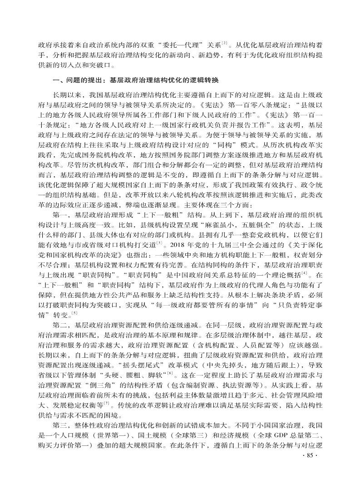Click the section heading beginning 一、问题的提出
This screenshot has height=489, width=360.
pos(136,81)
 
